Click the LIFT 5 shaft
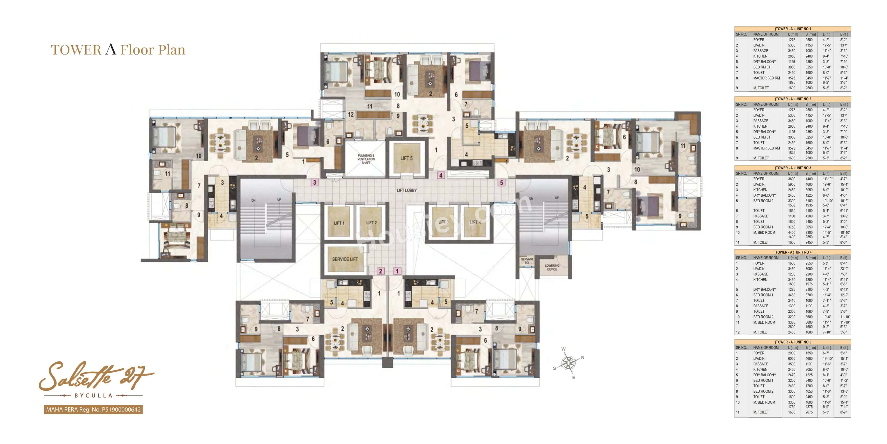click(406, 158)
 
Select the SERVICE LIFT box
click(345, 259)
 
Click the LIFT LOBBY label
click(406, 190)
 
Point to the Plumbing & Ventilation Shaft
click(366, 159)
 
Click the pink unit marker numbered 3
click(314, 182)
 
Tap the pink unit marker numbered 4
click(440, 175)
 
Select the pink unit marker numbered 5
click(501, 183)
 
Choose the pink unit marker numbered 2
click(380, 271)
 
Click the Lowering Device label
click(552, 267)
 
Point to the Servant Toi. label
click(527, 261)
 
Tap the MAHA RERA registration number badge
click(93, 410)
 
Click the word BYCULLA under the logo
click(93, 395)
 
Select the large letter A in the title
click(111, 49)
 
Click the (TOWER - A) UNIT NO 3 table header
click(793, 168)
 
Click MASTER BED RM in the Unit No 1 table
click(766, 78)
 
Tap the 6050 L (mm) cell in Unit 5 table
click(792, 358)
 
